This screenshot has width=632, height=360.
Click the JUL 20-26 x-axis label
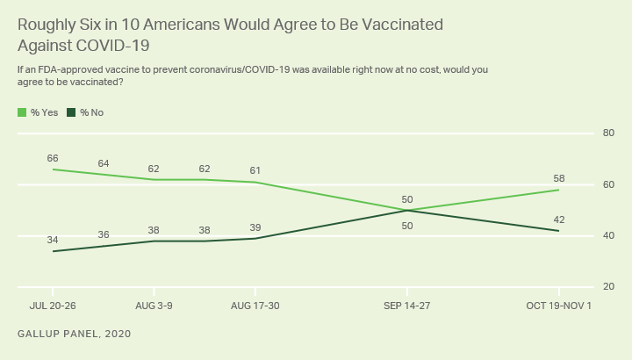click(53, 306)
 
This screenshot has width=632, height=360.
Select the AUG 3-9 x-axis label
click(154, 306)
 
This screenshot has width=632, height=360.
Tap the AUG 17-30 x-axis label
click(255, 306)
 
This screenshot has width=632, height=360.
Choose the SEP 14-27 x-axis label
click(407, 306)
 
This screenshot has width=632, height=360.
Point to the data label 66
click(53, 158)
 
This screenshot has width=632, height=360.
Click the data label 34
click(53, 240)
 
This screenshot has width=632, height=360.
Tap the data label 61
click(255, 170)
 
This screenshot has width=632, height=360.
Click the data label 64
click(103, 163)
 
